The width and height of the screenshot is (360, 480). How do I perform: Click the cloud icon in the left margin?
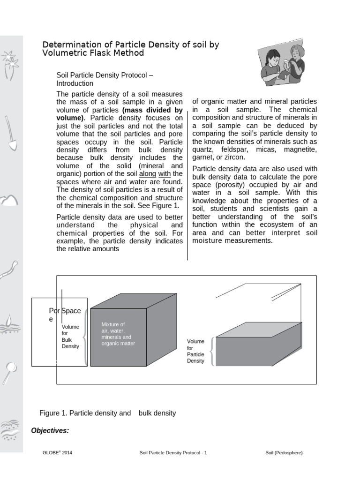point(9,201)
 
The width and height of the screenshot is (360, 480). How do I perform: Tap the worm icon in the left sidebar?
point(9,270)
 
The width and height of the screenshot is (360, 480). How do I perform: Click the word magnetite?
point(300,150)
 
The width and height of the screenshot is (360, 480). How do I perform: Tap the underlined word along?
point(148,174)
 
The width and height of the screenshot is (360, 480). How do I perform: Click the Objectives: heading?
point(50,430)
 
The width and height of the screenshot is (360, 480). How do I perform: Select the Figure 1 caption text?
point(108,413)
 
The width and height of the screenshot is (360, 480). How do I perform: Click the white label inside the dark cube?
point(118,334)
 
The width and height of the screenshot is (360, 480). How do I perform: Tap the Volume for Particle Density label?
point(195,351)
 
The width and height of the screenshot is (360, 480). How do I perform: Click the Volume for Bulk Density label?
point(70,336)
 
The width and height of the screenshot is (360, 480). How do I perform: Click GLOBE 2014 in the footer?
point(57,453)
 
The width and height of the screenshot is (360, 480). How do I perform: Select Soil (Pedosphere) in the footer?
point(284,453)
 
